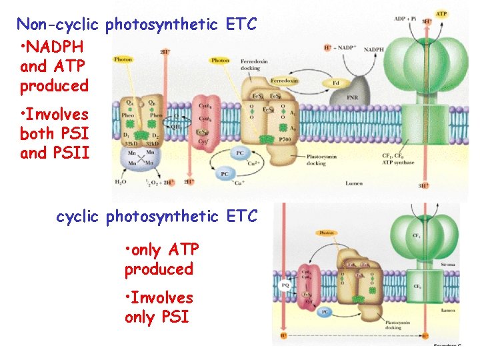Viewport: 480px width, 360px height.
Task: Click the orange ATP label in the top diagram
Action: [x=441, y=13]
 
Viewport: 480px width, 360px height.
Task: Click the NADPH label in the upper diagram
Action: [x=373, y=49]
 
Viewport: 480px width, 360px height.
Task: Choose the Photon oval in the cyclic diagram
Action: [x=326, y=233]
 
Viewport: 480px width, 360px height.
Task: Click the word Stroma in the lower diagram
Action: [x=448, y=265]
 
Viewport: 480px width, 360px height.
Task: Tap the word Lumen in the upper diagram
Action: [x=355, y=182]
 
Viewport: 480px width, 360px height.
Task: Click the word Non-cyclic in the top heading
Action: [x=58, y=25]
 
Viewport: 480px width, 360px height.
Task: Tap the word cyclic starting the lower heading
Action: [x=79, y=217]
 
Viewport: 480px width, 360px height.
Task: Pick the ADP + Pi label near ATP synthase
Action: [x=405, y=19]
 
